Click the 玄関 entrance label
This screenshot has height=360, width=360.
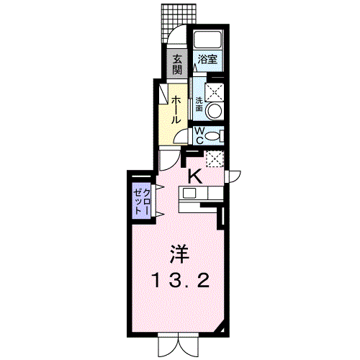click(x=177, y=64)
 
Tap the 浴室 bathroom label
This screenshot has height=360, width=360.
click(x=207, y=59)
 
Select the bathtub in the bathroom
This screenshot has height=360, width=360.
click(x=208, y=39)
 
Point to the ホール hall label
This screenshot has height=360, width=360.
click(x=176, y=109)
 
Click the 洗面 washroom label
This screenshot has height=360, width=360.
click(x=199, y=104)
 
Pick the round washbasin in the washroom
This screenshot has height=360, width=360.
click(x=215, y=111)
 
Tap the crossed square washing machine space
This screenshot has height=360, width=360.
click(x=215, y=92)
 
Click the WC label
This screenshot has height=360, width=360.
click(x=199, y=135)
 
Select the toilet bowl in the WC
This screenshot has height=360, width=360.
click(x=214, y=136)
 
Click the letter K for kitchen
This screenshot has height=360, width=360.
click(x=195, y=176)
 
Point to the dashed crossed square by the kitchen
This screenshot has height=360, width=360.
click(x=215, y=158)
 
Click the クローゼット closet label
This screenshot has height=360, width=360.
click(x=142, y=201)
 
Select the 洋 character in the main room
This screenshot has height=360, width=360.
click(x=180, y=254)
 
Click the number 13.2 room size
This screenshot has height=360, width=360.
click(x=181, y=281)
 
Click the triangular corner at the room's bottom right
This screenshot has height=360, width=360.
click(x=221, y=330)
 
